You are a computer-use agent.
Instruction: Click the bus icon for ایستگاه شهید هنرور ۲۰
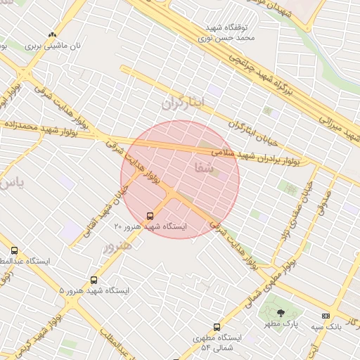(x=150, y=216)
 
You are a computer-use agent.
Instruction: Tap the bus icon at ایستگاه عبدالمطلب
(x=14, y=250)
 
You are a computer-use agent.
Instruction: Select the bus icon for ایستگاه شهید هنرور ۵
(x=94, y=280)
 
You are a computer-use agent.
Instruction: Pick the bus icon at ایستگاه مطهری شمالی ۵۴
(x=217, y=327)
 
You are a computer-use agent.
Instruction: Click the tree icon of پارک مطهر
(x=281, y=313)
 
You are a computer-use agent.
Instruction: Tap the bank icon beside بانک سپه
(x=325, y=316)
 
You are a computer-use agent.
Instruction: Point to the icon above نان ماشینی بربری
(x=52, y=34)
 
